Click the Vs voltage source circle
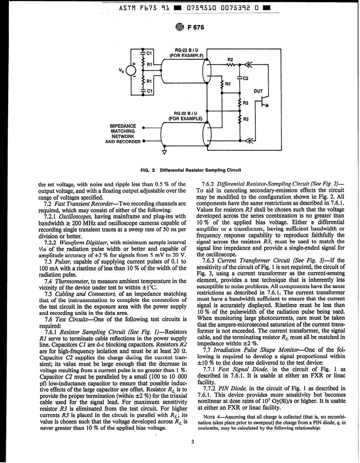coord(131,71)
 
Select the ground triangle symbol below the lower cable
coord(164,153)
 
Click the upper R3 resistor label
coord(245,103)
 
